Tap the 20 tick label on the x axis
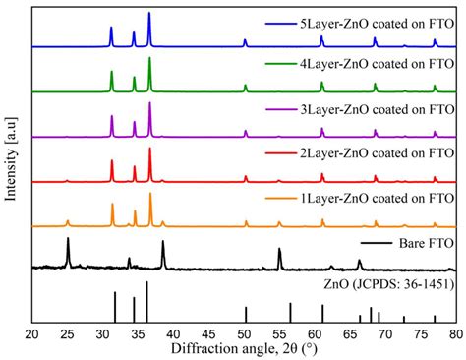tap(32, 334)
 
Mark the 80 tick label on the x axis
tap(455, 334)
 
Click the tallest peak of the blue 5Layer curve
tap(148, 14)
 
